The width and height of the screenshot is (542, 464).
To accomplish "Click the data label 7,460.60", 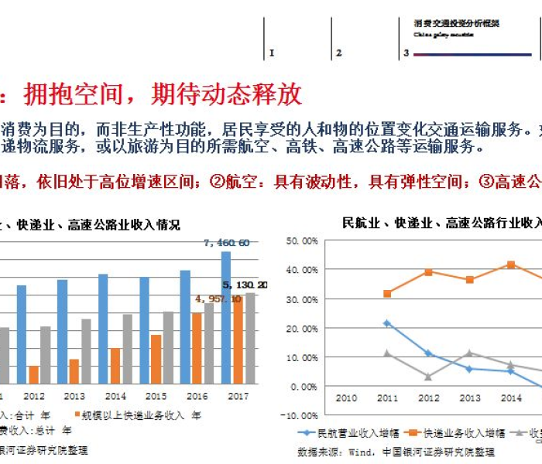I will (x=227, y=243).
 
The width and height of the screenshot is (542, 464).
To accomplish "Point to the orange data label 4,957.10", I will (x=218, y=299).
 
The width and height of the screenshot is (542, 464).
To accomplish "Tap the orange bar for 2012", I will (x=33, y=374).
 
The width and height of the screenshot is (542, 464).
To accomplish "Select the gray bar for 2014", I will (x=127, y=349).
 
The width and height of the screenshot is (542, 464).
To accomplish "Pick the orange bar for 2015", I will (x=156, y=359).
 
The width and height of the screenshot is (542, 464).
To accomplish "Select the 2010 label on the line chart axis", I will (x=345, y=397).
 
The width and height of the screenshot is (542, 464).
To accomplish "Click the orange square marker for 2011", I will (x=387, y=294).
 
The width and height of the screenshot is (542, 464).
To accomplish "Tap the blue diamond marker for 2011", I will (x=387, y=323).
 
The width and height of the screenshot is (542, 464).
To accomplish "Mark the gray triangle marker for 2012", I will (x=428, y=377).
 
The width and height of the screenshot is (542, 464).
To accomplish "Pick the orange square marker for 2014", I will (x=511, y=264).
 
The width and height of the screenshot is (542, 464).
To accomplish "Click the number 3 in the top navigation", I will (x=406, y=53).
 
